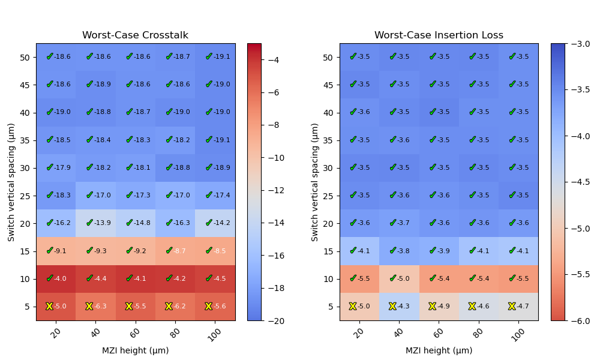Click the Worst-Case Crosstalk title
point(135,35)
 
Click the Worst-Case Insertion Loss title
point(439,35)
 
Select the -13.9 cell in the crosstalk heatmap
point(95,223)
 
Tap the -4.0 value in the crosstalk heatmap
point(56,278)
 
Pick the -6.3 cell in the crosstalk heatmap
point(95,306)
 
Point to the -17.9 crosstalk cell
point(56,167)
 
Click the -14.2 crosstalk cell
point(215,223)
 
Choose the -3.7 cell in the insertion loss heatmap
point(399,223)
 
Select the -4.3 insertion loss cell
point(399,306)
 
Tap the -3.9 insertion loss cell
point(439,251)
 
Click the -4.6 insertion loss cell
point(479,306)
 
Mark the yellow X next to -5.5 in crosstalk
point(129,306)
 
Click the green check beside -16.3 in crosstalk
point(169,223)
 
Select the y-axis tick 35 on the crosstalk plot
point(25,140)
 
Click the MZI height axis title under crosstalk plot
point(135,350)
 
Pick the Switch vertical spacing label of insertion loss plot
point(315,182)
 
